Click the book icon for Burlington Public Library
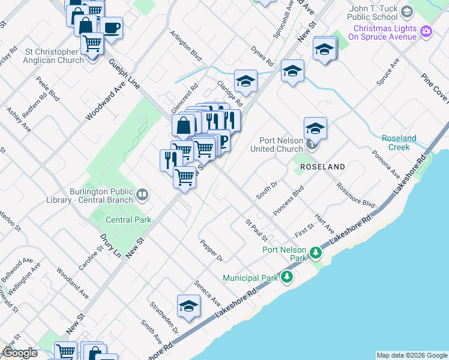pos(143,194)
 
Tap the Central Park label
pos(128,220)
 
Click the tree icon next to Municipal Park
pos(288,277)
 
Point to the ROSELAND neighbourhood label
pos(322,166)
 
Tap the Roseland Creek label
pos(399,143)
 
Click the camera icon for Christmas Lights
pos(426,31)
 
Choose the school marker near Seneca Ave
pos(188,307)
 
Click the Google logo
pos(20,353)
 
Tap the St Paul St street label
pos(256,230)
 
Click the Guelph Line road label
pos(124,74)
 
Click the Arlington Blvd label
pos(185,46)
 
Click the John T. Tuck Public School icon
pos(406,12)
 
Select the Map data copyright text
pos(411,355)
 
